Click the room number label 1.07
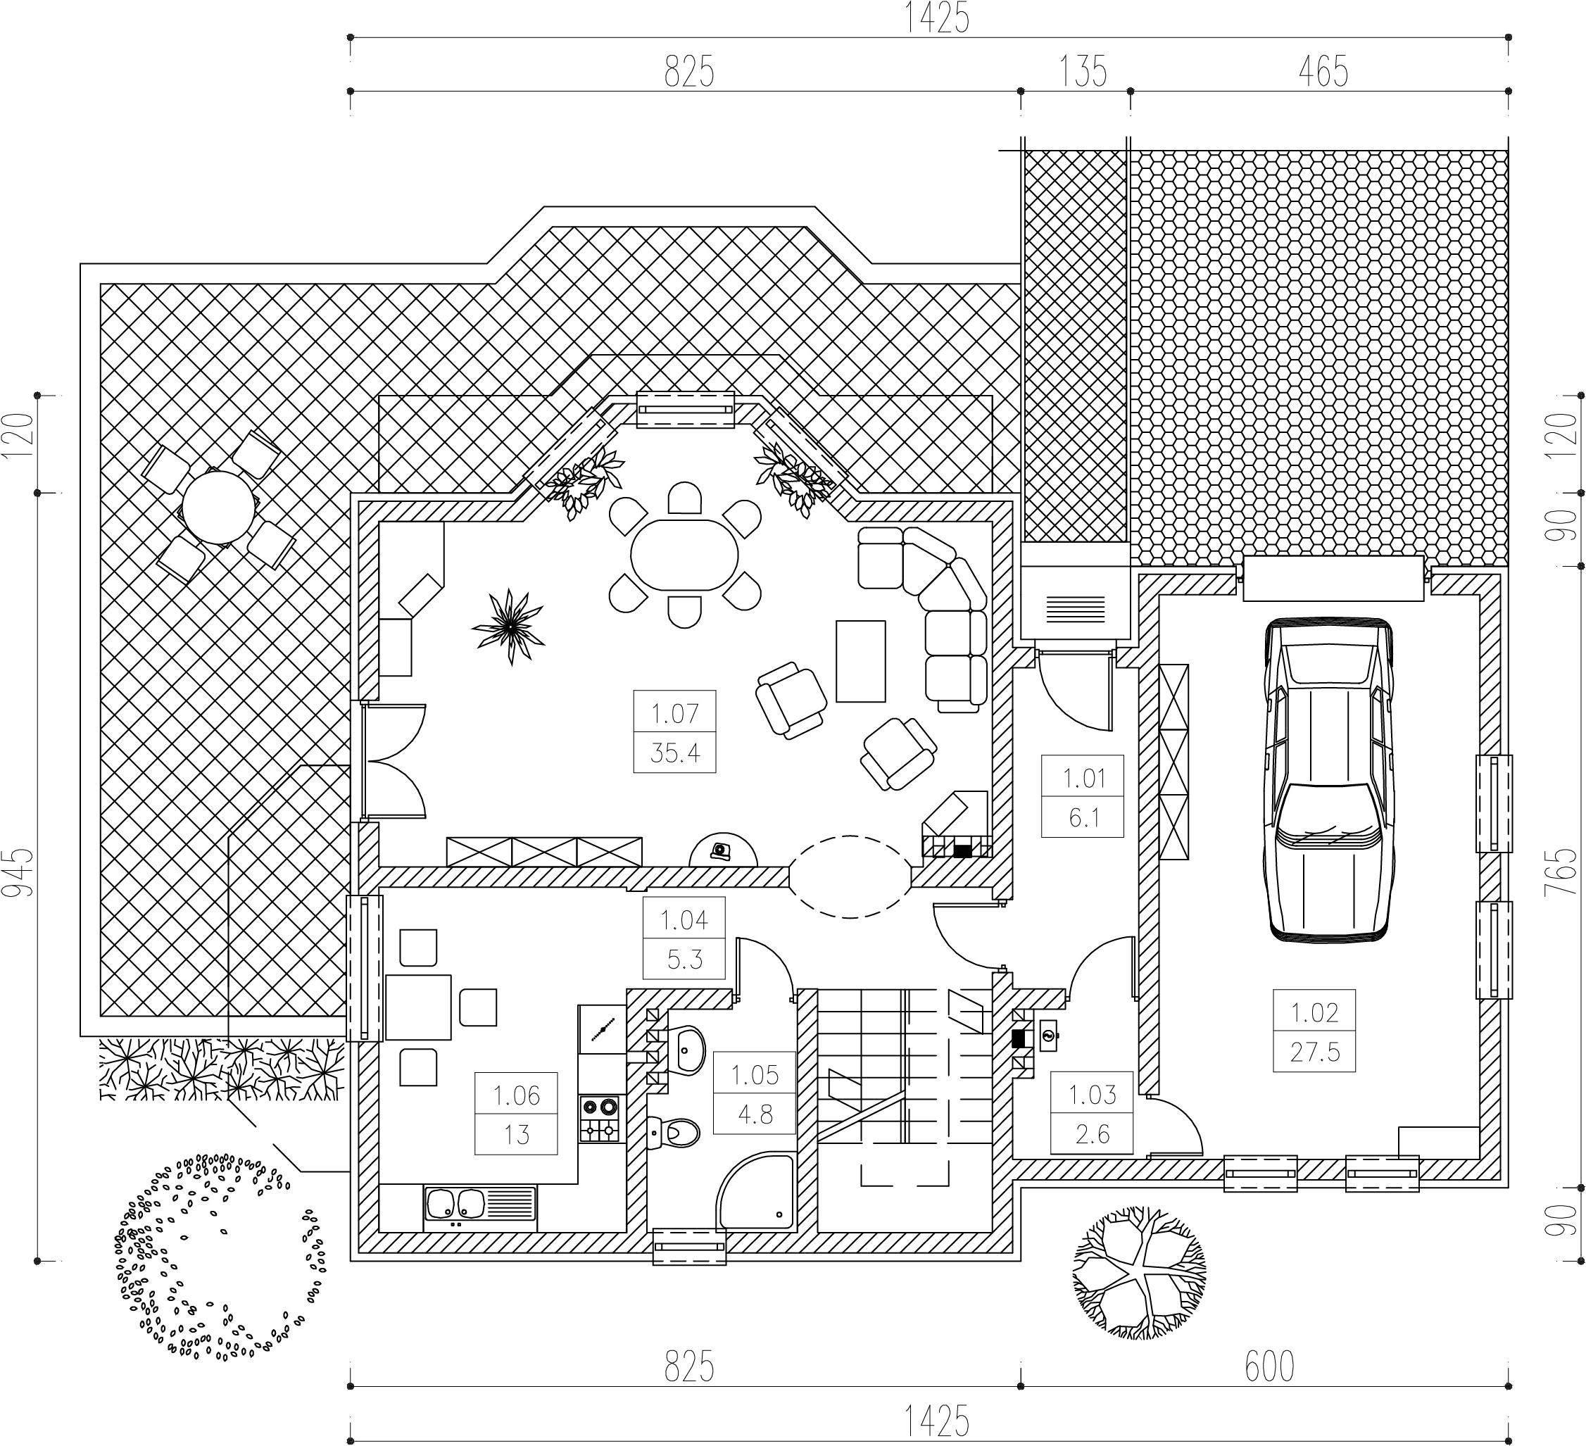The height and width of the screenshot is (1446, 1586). click(x=674, y=714)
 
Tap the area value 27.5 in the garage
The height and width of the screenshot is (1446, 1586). click(x=1314, y=1052)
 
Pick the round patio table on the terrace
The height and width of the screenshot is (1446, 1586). click(x=220, y=507)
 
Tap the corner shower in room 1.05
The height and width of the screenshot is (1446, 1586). click(x=755, y=1191)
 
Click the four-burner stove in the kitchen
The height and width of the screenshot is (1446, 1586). click(x=600, y=1119)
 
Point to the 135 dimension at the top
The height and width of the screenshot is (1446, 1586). click(x=1083, y=72)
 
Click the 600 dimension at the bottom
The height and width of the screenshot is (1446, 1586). click(x=1270, y=1367)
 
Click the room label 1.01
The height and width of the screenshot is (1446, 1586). click(x=1084, y=778)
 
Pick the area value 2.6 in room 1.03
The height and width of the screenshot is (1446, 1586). click(x=1093, y=1134)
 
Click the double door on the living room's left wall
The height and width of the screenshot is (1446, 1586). click(x=394, y=761)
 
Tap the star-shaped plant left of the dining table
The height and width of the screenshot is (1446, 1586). click(x=508, y=627)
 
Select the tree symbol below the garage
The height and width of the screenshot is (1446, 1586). click(x=1138, y=1273)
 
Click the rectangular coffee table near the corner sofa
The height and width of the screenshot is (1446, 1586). click(x=861, y=661)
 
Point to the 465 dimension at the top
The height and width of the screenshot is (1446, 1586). click(x=1323, y=72)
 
